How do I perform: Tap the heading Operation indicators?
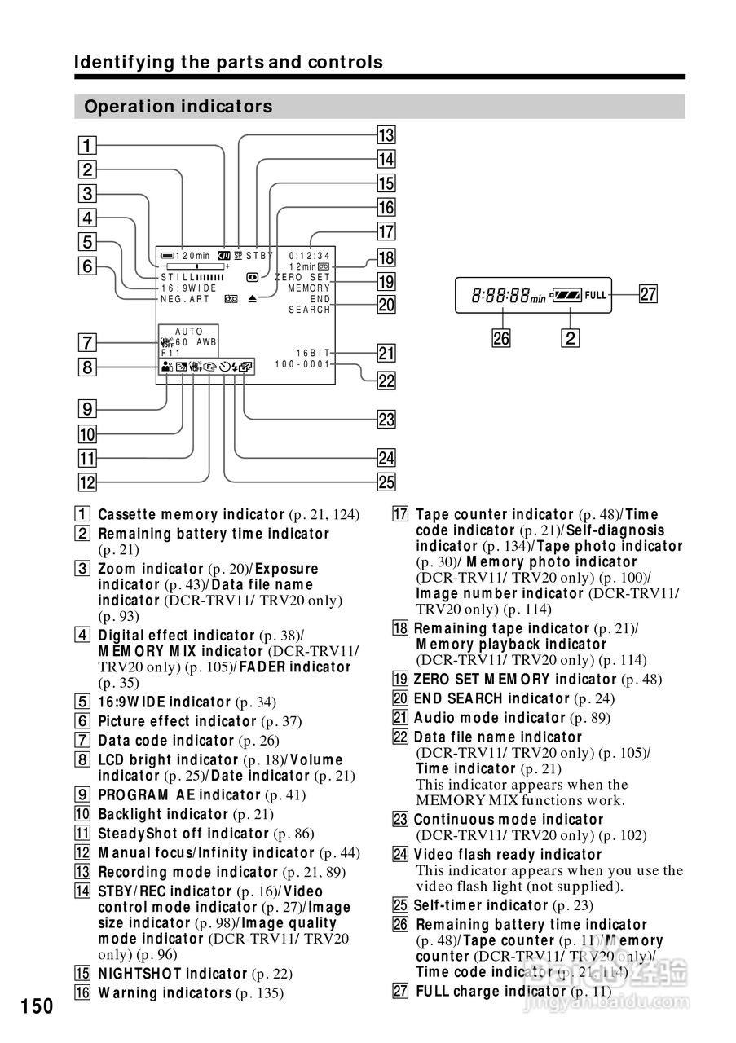coord(178,107)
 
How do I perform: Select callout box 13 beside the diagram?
coord(386,135)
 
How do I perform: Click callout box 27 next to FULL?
coord(648,295)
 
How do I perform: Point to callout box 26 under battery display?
coord(501,337)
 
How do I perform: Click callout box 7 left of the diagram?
coord(87,342)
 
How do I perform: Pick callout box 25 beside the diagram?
coord(386,482)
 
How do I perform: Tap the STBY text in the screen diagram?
coord(260,255)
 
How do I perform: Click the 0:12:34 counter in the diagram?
coord(310,255)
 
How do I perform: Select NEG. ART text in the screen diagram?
coord(185,299)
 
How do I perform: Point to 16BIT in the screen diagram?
coord(313,353)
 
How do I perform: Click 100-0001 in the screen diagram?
coord(302,364)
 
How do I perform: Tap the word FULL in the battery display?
coord(596,295)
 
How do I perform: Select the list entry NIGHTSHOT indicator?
coord(172,974)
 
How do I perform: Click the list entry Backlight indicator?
coord(162,814)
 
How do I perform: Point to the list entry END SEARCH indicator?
coord(491,698)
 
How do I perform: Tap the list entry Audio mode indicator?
coord(489,718)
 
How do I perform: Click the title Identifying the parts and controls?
coord(228,62)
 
